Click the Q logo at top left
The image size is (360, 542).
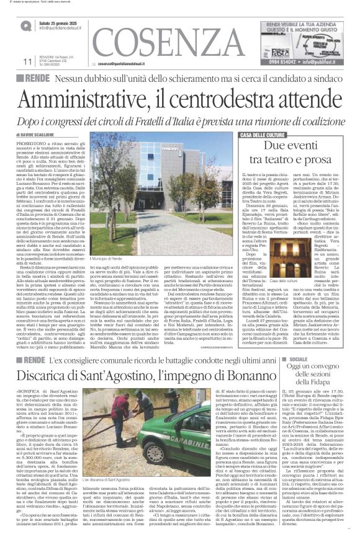[x=25, y=26]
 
